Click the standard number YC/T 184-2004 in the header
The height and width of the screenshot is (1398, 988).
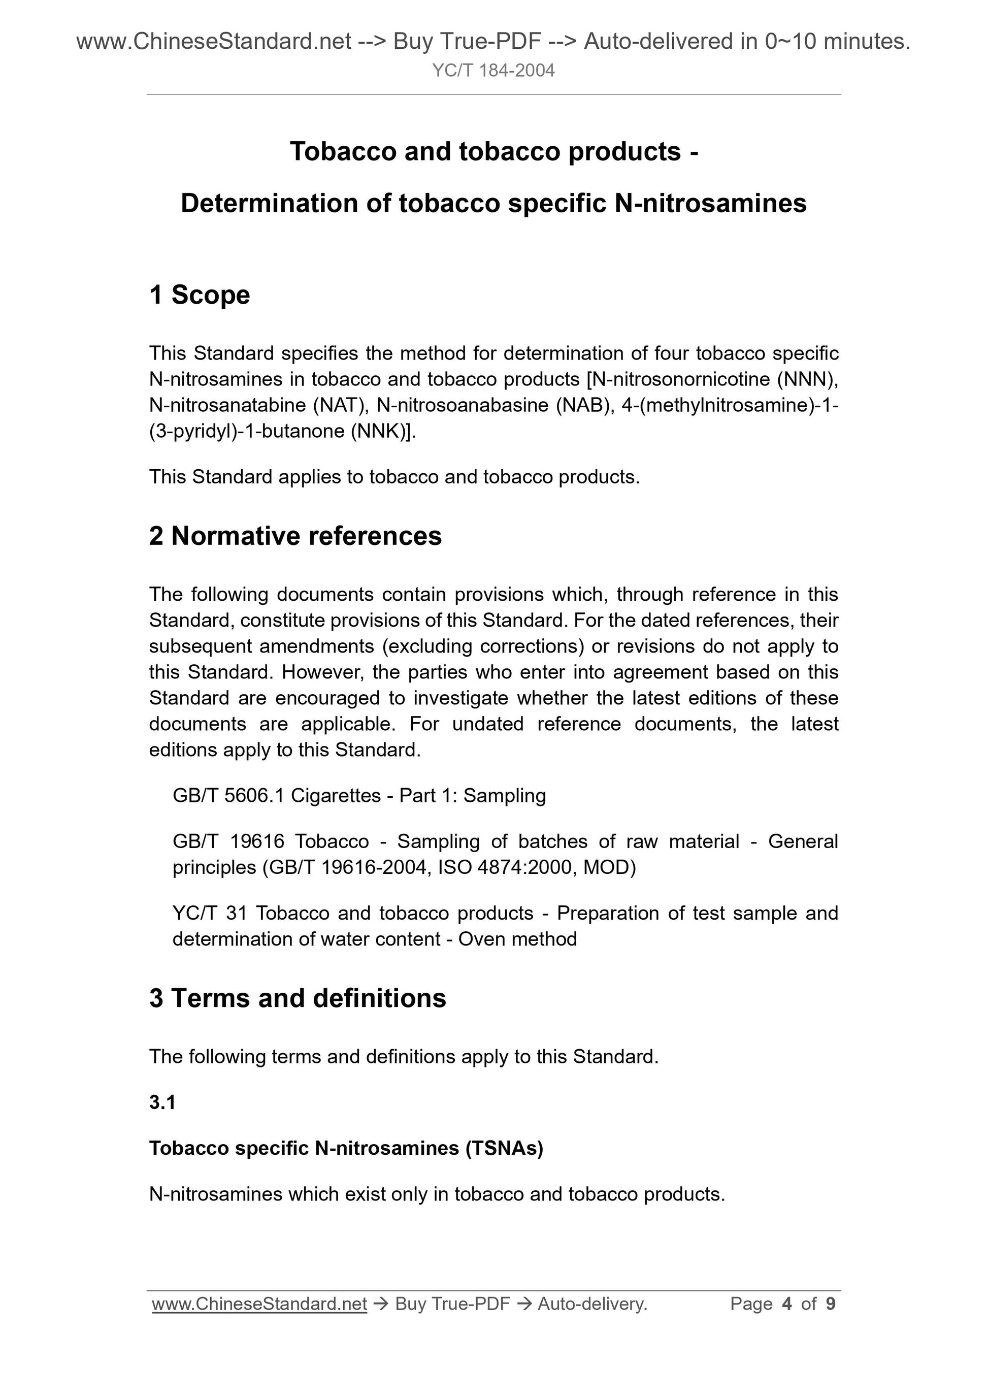493,71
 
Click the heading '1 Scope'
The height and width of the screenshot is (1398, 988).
199,295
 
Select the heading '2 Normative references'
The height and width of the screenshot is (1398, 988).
295,536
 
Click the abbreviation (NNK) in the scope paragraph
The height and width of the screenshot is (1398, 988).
381,431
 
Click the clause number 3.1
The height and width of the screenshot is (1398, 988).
162,1102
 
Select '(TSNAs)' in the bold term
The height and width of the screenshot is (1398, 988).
504,1148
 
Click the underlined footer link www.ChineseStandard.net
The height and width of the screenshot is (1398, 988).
259,1304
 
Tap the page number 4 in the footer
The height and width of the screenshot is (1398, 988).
786,1304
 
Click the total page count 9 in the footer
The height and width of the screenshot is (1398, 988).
830,1304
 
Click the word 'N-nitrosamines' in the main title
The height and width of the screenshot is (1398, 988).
710,203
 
